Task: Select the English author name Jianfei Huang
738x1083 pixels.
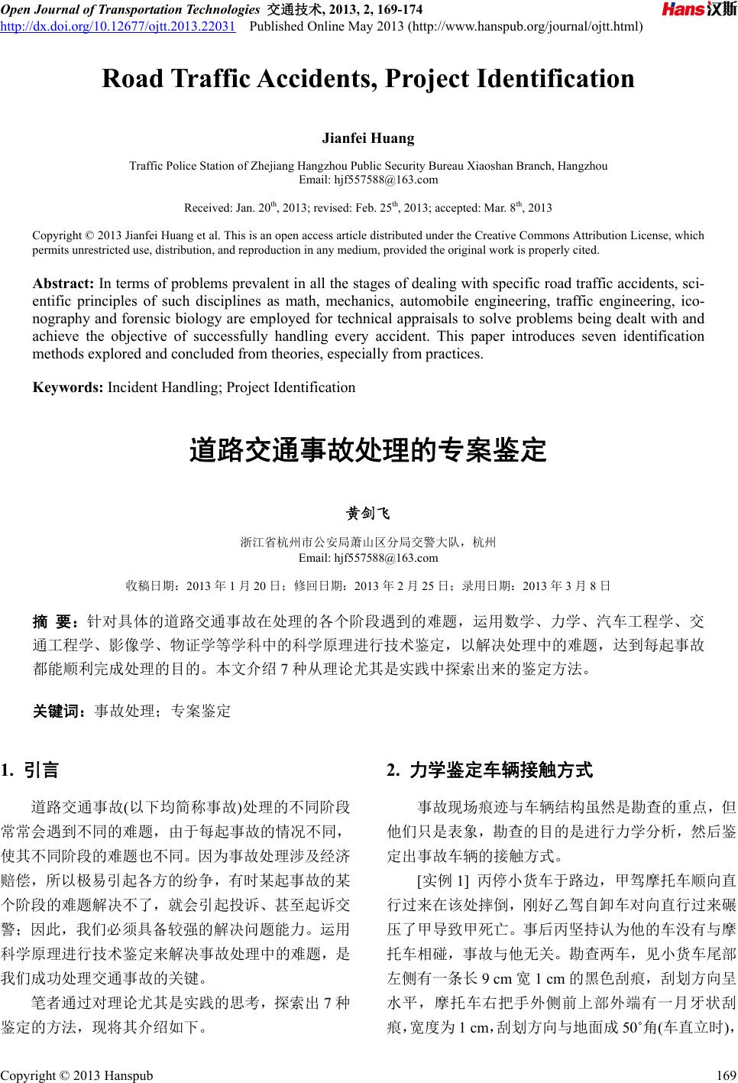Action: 368,138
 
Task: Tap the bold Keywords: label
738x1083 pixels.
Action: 68,387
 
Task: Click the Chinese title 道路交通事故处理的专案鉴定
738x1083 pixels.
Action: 368,451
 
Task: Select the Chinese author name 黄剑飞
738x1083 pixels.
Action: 368,512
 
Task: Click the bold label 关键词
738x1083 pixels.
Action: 58,711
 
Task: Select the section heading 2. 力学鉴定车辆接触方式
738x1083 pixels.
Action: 490,770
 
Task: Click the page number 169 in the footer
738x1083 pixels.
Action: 725,1075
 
